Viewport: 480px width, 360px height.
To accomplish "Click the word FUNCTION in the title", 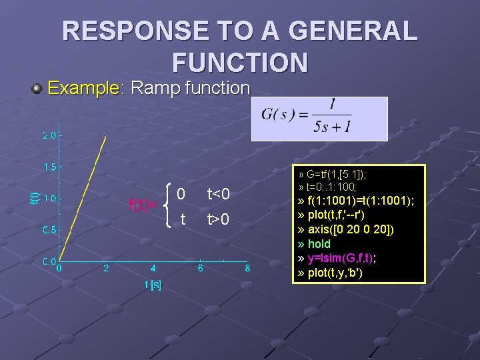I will (x=240, y=62).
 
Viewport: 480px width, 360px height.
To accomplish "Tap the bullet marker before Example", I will (x=38, y=88).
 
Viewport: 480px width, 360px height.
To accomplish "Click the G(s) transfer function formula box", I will (x=319, y=119).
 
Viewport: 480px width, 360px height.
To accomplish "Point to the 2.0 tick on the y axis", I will (x=50, y=135).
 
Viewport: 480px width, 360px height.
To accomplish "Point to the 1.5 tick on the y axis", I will (x=50, y=167).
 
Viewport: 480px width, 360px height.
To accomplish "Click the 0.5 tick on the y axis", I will (x=50, y=230).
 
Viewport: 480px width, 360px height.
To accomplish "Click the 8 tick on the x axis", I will (x=247, y=269).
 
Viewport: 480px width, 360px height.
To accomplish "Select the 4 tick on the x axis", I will (x=153, y=269).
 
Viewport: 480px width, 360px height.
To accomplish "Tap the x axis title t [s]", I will (x=153, y=285).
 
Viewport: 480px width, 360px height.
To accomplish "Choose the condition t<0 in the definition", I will (x=218, y=194).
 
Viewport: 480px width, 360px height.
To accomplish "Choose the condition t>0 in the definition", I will (x=218, y=219).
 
